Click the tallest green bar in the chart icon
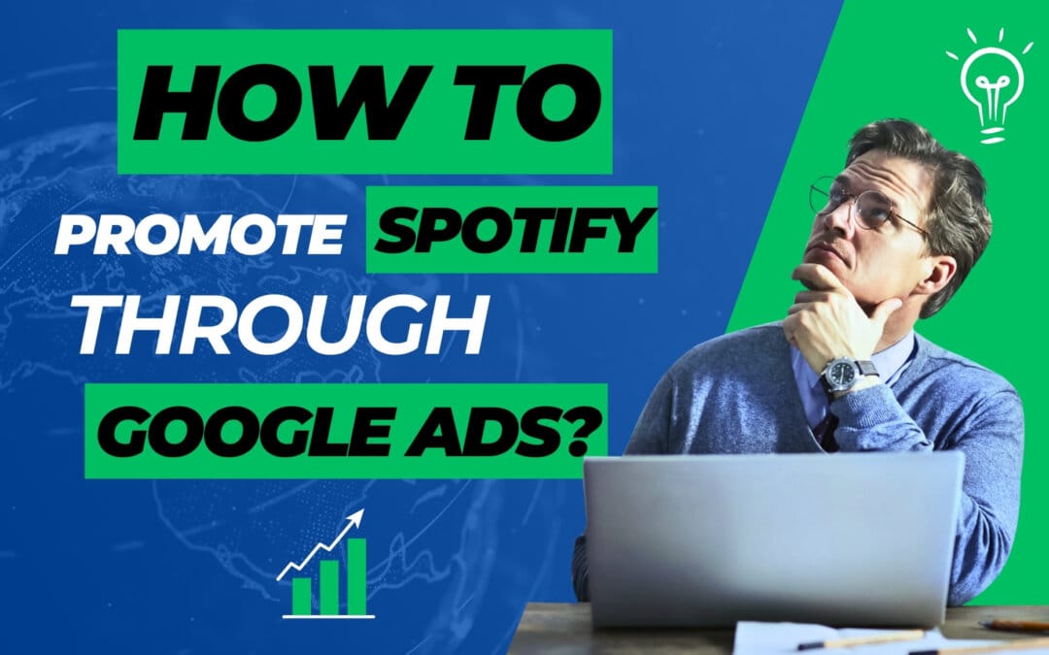pos(355,576)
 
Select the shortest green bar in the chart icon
pos(301,595)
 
